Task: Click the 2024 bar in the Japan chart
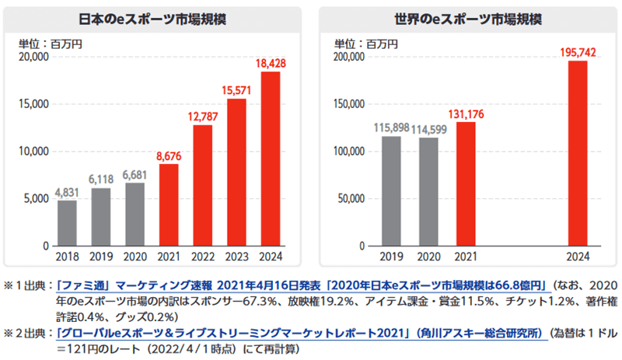(270, 159)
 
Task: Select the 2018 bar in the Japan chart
(68, 223)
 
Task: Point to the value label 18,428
(270, 63)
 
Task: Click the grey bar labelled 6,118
(101, 217)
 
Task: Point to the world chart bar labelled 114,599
(428, 191)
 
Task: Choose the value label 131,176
(465, 114)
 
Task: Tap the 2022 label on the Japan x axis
(202, 257)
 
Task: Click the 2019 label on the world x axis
(391, 257)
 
